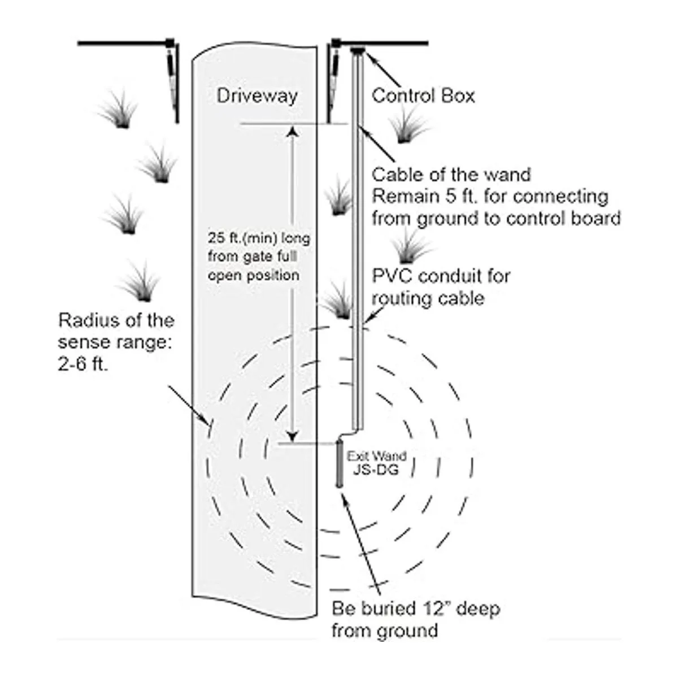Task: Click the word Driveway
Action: click(257, 95)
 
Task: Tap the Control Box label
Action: click(423, 95)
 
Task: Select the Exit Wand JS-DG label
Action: click(377, 462)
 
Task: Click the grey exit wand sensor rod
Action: click(340, 463)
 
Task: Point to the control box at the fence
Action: click(358, 50)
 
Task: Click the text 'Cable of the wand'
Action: click(451, 175)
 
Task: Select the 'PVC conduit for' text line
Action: click(441, 276)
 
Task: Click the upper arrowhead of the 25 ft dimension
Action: click(292, 132)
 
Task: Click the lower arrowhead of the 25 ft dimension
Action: click(292, 436)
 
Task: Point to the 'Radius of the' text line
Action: click(116, 320)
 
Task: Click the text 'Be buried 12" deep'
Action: click(416, 609)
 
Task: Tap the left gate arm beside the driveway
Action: click(172, 79)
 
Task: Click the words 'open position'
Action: click(254, 276)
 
